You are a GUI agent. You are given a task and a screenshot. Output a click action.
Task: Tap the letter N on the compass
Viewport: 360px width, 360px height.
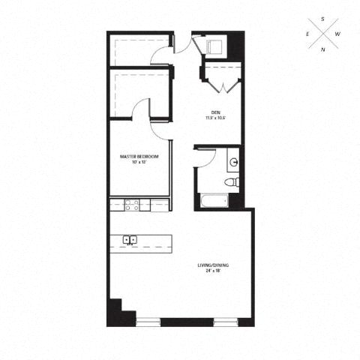(x=323, y=50)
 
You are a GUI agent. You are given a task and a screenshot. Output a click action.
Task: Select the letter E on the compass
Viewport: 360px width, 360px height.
(x=307, y=34)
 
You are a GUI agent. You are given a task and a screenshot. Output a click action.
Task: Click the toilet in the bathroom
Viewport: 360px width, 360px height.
(x=232, y=181)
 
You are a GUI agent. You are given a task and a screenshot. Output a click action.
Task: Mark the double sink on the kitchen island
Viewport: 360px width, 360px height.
(x=129, y=240)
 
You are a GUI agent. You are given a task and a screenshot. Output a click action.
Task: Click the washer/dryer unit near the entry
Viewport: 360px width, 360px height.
(x=214, y=46)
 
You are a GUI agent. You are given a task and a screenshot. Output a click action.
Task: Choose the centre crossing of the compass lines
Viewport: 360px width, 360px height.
(x=323, y=34)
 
